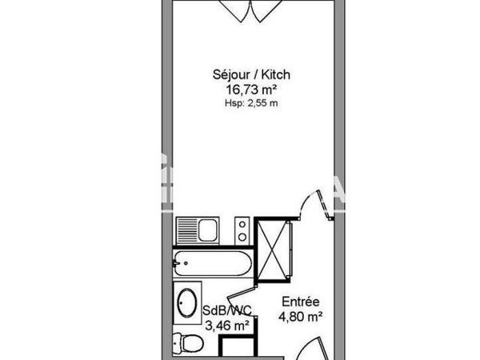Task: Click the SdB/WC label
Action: coord(228,310)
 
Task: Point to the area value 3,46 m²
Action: coord(228,325)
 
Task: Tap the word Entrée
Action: coord(300,302)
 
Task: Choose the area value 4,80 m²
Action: coord(300,317)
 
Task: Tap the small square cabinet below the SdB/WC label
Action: coord(238,348)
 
